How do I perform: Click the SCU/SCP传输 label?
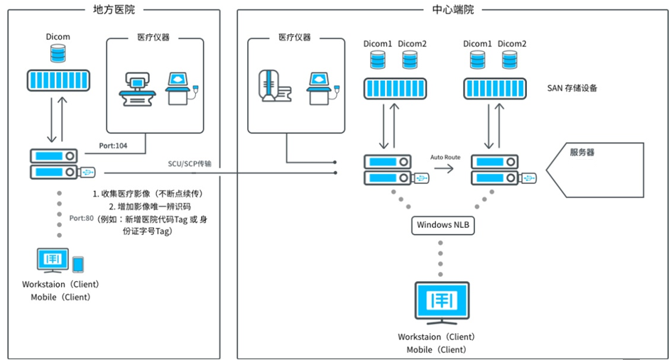[188, 163]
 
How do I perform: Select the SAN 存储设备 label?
[572, 88]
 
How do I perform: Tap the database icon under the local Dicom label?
[58, 53]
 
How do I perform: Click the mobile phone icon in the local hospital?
[78, 264]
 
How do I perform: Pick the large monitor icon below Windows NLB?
[440, 301]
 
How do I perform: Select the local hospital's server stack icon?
[53, 164]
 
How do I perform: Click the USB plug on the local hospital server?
[89, 172]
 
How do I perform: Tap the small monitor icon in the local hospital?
[53, 260]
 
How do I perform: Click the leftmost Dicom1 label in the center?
[376, 43]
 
